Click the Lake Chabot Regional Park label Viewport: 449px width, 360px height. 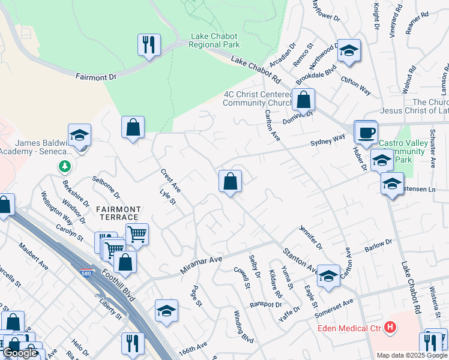pos(215,40)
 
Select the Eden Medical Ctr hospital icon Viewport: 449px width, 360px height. pos(390,328)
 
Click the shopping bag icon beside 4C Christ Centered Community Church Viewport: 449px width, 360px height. pos(304,99)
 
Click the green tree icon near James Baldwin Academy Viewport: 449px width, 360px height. pos(63,166)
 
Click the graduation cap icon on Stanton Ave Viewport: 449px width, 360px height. pos(328,276)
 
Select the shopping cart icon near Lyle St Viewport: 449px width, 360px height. pos(137,235)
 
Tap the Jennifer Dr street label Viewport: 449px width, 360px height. pos(310,238)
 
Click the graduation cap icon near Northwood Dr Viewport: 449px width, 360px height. pos(348,51)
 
